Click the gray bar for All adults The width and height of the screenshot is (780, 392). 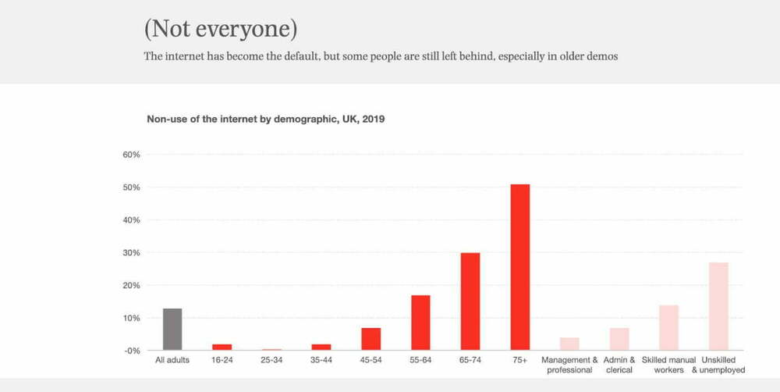tap(172, 329)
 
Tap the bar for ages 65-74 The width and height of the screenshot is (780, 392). tap(470, 301)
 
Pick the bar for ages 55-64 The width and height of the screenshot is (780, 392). tap(420, 323)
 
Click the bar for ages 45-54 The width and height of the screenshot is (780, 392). tap(370, 339)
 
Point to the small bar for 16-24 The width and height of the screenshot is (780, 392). tap(222, 347)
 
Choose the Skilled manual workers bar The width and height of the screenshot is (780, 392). tap(668, 327)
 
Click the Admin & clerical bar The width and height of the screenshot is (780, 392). tap(619, 339)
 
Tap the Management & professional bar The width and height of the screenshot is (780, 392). tap(569, 344)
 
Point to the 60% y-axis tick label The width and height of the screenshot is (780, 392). tap(131, 155)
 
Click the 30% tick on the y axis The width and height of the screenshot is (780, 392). tap(131, 253)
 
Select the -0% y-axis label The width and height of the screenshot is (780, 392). tap(131, 351)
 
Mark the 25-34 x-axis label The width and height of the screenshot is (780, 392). tap(271, 360)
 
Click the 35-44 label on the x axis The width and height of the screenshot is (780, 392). tap(321, 360)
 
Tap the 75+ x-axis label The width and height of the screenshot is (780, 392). tap(520, 360)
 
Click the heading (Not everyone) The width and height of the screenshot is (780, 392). tap(220, 29)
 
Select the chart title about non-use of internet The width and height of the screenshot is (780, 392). tap(266, 119)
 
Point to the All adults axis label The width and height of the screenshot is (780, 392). tap(172, 360)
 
